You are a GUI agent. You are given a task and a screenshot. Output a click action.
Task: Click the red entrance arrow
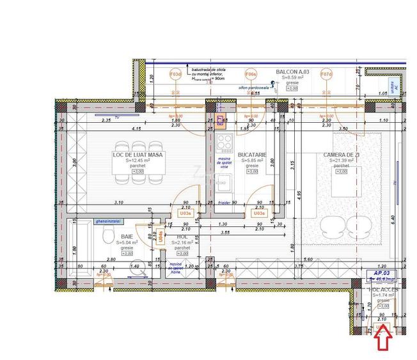tap(383, 340)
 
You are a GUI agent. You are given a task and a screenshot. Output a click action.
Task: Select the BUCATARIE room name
tap(251, 155)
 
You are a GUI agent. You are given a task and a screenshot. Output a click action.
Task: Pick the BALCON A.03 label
tap(292, 73)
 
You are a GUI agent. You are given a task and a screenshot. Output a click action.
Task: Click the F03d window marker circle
tap(175, 74)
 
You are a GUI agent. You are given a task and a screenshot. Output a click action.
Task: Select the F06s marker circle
tap(251, 74)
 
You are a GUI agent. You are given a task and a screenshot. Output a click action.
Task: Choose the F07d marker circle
tap(326, 74)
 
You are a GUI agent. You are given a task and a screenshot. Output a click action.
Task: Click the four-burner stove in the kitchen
tap(225, 141)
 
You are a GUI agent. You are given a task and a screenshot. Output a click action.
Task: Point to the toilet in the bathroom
tap(108, 238)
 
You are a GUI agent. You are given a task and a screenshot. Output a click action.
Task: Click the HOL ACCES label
tap(383, 290)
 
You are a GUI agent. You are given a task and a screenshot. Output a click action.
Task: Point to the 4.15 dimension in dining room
tap(137, 129)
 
